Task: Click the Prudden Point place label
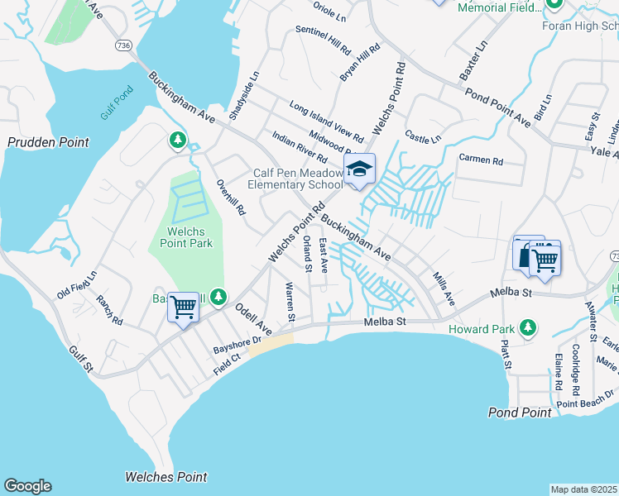pos(48,142)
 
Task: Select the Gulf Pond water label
pos(117,104)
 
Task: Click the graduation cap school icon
pos(359,169)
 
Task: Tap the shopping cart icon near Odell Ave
pos(182,308)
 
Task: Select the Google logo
pos(27,486)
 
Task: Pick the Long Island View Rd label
pos(325,121)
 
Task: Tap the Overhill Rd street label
pos(231,198)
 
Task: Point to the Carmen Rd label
pos(481,159)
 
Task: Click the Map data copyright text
pos(584,489)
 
